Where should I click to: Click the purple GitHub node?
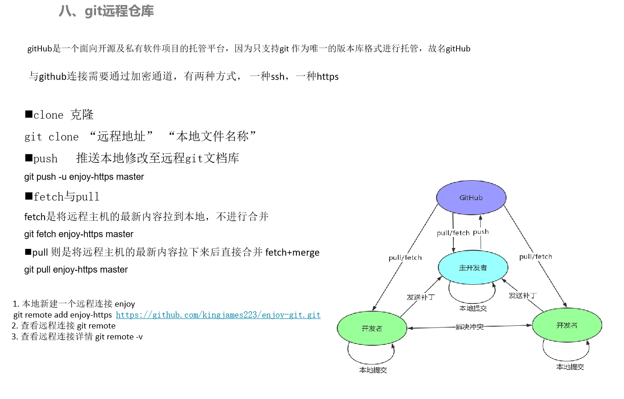471,198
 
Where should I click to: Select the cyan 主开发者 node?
473,268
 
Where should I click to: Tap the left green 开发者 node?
372,328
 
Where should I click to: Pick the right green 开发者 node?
567,325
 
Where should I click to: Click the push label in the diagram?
481,232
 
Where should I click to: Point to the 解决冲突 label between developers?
470,327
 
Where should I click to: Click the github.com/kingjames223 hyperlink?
218,315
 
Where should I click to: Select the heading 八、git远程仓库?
106,11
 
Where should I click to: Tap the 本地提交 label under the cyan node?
473,308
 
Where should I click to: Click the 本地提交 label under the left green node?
373,370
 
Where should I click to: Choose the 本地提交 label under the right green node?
570,367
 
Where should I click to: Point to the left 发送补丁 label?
421,297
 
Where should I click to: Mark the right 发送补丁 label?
523,295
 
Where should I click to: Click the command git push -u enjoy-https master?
84,177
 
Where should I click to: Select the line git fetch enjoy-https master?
79,234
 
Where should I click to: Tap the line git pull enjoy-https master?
76,270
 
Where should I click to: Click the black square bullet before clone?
28,114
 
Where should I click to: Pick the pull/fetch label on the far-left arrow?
405,258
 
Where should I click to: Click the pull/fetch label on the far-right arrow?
535,257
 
